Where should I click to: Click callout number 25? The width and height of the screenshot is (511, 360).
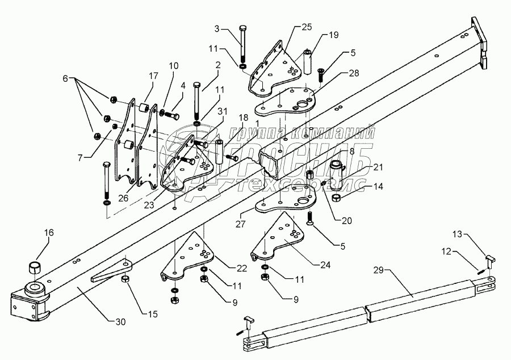coord(307,27)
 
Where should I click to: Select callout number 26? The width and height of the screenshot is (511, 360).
coord(123,198)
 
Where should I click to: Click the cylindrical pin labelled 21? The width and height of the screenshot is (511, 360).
coord(339,175)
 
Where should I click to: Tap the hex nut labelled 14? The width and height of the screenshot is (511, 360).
coord(336,198)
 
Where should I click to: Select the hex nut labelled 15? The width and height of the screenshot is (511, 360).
coord(125,278)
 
